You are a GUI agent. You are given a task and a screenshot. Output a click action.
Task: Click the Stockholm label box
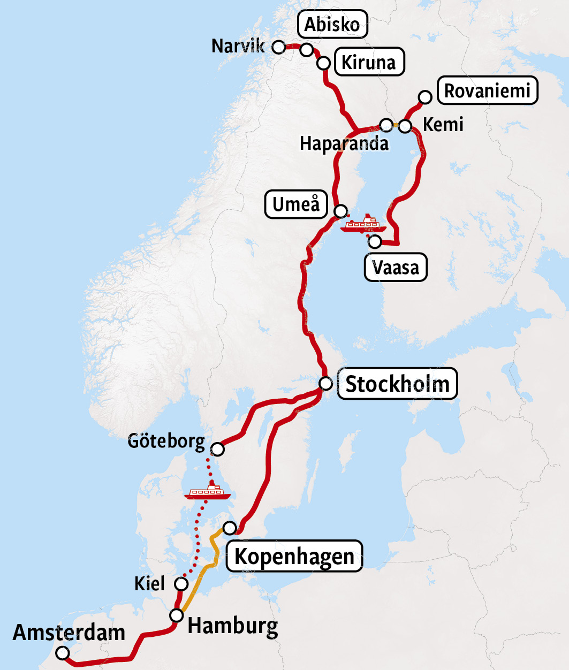(397, 384)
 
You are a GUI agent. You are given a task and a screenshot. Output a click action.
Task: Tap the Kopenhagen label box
(294, 556)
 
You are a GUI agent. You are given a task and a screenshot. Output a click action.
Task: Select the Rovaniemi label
(487, 90)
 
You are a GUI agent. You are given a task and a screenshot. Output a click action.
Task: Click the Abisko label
(332, 24)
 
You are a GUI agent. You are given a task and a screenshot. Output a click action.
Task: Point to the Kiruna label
(369, 62)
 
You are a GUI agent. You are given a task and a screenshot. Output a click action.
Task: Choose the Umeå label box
(296, 204)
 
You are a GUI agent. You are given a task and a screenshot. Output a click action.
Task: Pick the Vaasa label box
(396, 267)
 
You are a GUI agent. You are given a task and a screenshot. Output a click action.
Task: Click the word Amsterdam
(69, 633)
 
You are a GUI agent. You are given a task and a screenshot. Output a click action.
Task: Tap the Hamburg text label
(233, 625)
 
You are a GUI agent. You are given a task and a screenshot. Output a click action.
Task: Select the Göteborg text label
(166, 441)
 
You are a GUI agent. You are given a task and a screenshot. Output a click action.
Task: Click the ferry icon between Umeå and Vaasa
(363, 224)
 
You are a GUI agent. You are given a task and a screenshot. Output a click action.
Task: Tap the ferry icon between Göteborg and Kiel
(207, 492)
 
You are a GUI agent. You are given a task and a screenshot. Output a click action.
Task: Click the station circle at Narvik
(278, 47)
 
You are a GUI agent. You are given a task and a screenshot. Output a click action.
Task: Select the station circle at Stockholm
(325, 384)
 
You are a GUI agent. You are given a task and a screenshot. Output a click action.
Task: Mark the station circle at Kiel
(181, 584)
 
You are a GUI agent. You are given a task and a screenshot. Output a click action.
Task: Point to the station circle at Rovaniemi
(425, 97)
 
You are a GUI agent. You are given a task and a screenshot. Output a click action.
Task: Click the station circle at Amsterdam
(63, 653)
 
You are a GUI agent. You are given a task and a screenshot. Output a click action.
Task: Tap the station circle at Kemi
(405, 126)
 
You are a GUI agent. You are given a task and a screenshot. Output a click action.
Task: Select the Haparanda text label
(344, 143)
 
